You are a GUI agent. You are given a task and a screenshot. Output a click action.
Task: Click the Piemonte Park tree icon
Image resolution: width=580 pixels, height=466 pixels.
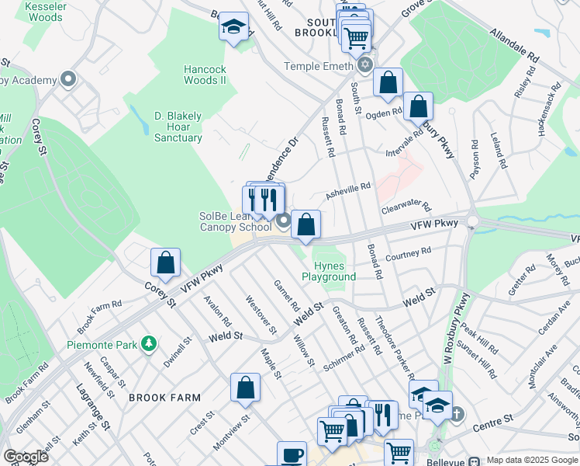pos(147,343)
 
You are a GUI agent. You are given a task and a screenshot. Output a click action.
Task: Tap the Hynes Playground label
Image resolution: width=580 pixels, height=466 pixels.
pos(329,271)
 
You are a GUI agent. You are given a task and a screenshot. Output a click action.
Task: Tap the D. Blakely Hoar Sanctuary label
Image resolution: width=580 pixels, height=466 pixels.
pos(178,127)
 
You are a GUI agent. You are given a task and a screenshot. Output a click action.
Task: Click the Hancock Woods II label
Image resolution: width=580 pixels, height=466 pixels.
pos(205,75)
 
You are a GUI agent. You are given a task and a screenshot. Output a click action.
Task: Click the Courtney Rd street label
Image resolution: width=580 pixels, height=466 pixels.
pos(407,254)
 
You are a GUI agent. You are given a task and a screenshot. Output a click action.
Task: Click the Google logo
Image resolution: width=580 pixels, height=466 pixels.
pos(26,457)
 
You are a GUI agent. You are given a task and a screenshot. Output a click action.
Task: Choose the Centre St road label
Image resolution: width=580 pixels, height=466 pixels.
pos(495,420)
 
